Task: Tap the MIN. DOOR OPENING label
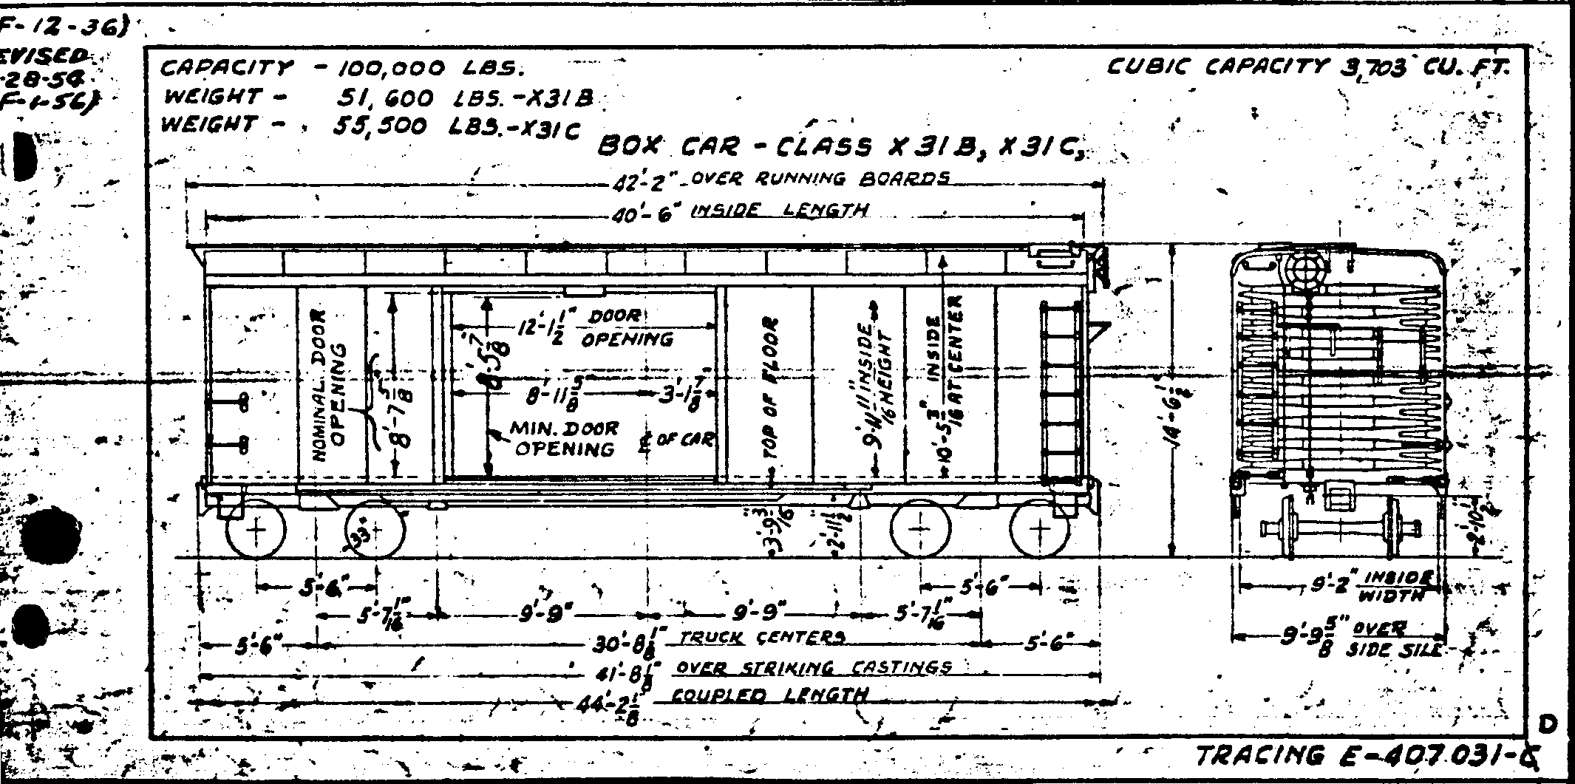(565, 440)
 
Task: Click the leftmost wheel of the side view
(256, 529)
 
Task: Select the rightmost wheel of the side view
(1040, 529)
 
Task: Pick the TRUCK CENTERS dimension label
(761, 637)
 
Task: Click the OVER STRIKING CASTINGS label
(813, 667)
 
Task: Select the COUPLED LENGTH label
(769, 695)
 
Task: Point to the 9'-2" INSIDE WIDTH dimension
(1375, 587)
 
